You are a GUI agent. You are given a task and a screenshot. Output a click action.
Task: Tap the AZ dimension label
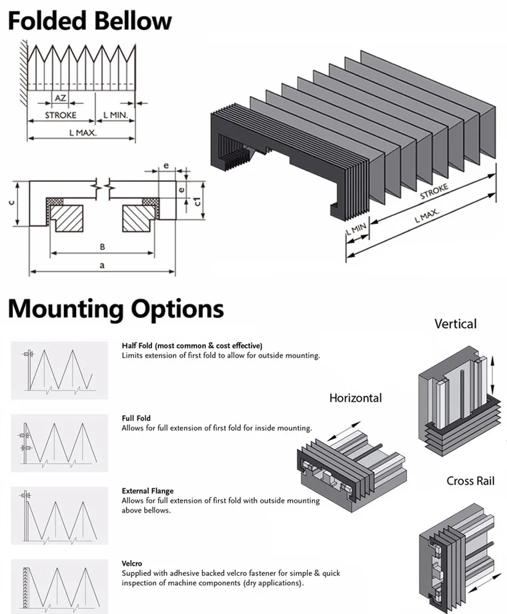[x=60, y=97]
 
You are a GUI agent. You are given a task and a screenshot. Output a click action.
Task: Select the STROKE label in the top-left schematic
[x=61, y=115]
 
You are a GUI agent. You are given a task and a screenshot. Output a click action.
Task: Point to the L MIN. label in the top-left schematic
[x=115, y=115]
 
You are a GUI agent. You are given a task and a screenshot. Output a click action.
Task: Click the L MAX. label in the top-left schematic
[x=83, y=133]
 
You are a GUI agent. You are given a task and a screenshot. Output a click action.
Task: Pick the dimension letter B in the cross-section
[x=102, y=247]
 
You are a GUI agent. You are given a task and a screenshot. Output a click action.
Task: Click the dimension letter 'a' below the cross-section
[x=101, y=265]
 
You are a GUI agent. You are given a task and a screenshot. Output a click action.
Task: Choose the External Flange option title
[x=146, y=491]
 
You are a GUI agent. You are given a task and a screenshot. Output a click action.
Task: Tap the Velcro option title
[x=131, y=563]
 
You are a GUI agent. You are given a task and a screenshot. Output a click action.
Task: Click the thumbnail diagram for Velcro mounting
[x=59, y=583]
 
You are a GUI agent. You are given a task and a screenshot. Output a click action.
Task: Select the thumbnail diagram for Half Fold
[x=59, y=370]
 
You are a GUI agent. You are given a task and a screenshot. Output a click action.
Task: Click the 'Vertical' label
[x=455, y=324]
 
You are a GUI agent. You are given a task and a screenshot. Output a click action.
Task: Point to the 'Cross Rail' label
[x=470, y=481]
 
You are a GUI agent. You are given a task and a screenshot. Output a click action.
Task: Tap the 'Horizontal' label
[x=355, y=398]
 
